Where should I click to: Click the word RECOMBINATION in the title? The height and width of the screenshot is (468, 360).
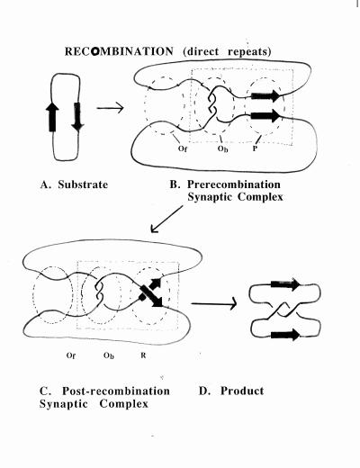[x=119, y=51]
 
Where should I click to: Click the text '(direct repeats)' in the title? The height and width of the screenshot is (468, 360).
[x=227, y=51]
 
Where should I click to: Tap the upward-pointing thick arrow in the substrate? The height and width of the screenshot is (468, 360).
[x=52, y=117]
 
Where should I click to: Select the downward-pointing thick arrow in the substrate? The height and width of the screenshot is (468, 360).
[x=77, y=117]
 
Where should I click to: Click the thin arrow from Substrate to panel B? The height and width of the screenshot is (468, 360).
[x=110, y=108]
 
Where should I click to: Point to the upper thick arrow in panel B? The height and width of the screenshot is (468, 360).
[x=265, y=95]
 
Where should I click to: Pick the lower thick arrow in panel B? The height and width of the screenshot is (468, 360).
[x=265, y=115]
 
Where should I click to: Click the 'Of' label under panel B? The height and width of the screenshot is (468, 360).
[x=183, y=148]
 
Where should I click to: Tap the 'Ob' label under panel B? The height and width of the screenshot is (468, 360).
[x=222, y=148]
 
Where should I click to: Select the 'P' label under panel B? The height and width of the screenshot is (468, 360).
[x=255, y=148]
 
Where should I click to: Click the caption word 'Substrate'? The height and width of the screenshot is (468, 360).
[x=83, y=184]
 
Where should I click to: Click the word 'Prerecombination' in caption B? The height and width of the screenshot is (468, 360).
[x=234, y=184]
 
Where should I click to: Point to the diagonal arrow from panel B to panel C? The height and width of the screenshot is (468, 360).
[x=166, y=219]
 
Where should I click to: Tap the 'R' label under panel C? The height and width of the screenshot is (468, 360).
[x=143, y=355]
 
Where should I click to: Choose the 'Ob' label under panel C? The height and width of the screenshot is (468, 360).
[x=109, y=355]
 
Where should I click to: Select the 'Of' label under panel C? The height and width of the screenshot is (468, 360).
[x=70, y=355]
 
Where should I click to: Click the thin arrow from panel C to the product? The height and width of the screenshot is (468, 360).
[x=214, y=304]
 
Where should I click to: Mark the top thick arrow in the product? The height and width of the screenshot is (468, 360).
[x=285, y=284]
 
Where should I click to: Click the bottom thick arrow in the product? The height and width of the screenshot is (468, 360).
[x=285, y=335]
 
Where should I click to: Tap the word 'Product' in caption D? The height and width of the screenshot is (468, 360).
[x=242, y=391]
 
